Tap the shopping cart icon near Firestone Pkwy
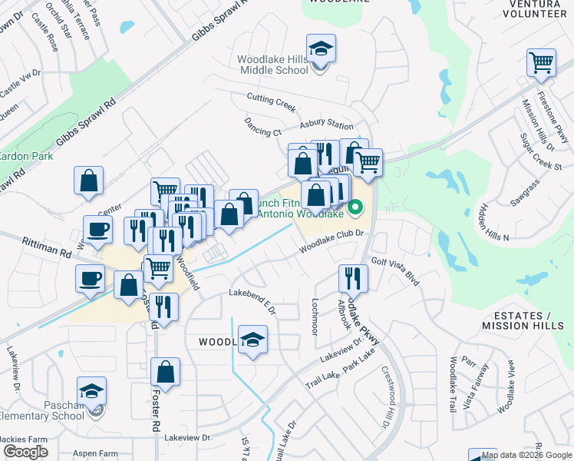(x=541, y=63)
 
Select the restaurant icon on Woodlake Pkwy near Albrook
(x=353, y=278)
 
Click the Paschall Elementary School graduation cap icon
(x=92, y=392)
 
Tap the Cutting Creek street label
(x=271, y=98)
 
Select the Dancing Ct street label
(x=262, y=126)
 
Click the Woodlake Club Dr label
(x=329, y=244)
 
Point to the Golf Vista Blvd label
(x=395, y=271)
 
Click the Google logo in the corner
(x=26, y=453)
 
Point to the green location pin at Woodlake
(x=355, y=207)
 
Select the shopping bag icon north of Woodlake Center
(x=89, y=181)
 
